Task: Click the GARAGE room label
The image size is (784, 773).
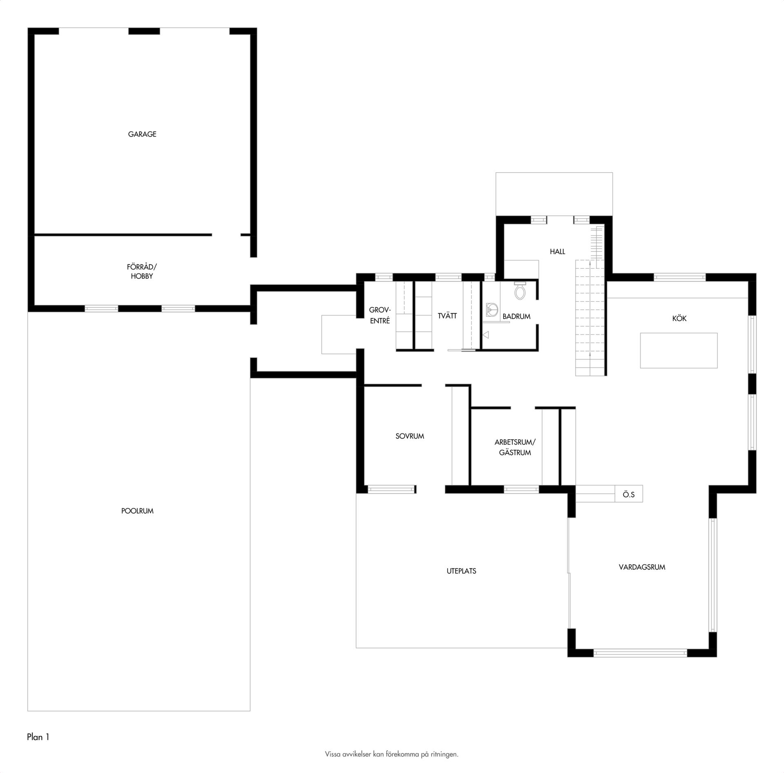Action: pos(142,134)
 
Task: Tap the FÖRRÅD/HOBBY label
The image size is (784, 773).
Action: pos(142,271)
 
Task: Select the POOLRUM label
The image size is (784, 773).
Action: pos(137,511)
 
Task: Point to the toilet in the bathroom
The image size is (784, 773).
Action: pos(520,290)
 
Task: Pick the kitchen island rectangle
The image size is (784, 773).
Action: pos(679,351)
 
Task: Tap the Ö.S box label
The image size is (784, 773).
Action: pos(629,495)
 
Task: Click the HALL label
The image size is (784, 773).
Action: pos(557,252)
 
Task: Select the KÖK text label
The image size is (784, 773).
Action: pos(679,318)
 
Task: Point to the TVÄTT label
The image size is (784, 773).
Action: pos(447,316)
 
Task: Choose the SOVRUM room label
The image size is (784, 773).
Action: pos(410,436)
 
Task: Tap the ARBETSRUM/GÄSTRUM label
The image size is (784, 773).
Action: pos(515,447)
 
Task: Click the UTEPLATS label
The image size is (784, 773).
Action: pos(461,571)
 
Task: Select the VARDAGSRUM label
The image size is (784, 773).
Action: pos(642,567)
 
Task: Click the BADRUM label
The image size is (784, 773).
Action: pos(517,316)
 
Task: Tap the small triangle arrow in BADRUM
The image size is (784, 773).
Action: pos(486,335)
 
